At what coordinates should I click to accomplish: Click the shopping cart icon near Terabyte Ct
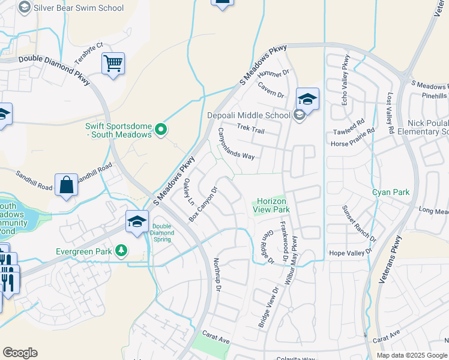pos(113,63)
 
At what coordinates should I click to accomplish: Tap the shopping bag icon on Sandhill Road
pos(66,185)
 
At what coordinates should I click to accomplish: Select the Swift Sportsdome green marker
pos(160,129)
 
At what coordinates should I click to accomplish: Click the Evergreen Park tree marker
pos(122,250)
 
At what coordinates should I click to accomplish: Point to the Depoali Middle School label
pos(249,115)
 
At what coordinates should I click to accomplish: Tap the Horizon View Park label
pos(273,206)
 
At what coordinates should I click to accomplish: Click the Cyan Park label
pos(390,192)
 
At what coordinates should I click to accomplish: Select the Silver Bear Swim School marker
pos(25,8)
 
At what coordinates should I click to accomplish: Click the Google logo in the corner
pos(20,353)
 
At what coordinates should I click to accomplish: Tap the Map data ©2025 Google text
pos(412,355)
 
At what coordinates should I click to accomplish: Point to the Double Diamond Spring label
pos(162,232)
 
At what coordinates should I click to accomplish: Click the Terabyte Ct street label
pos(89,53)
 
